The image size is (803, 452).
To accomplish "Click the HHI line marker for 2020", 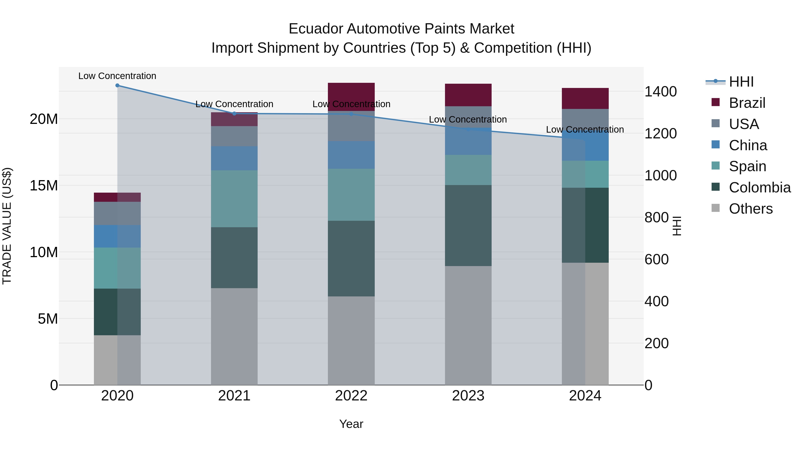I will click(117, 85).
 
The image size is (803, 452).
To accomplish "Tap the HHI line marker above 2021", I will click(234, 114).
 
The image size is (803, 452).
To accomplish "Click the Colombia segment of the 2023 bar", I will click(468, 225).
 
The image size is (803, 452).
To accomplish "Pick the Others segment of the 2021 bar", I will click(234, 336).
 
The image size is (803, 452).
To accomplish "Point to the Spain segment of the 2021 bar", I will click(234, 198).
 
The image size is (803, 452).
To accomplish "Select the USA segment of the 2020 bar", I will click(117, 213).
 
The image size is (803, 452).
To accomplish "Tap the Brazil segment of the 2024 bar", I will click(585, 98).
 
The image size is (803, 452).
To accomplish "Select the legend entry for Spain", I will click(747, 166).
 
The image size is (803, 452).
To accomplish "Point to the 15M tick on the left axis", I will click(44, 186).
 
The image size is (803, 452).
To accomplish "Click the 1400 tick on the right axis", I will click(660, 92).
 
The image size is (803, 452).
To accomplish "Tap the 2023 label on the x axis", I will click(468, 396).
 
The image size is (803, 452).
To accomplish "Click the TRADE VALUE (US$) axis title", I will click(7, 226).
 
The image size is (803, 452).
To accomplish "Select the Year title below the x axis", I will click(351, 424).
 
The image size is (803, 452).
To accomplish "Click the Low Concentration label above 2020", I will click(117, 76).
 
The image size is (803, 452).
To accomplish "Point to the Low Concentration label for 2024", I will click(585, 129).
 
